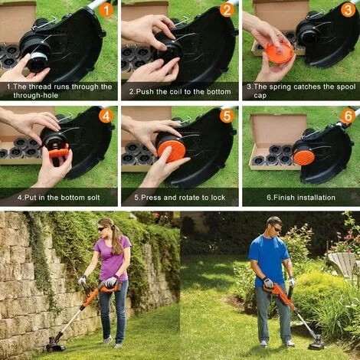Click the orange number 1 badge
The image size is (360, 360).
106,10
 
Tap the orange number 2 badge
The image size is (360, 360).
227,10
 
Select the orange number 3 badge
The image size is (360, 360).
348,10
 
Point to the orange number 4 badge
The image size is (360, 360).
106,116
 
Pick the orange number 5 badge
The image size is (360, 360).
227,116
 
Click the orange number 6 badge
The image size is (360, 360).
348,116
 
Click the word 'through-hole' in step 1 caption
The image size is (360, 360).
36,96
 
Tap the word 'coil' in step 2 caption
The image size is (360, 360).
175,91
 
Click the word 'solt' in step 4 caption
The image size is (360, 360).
91,198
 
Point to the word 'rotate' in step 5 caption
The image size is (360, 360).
189,198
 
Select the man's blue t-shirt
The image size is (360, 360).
269,259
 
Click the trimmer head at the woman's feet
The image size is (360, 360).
56,344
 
